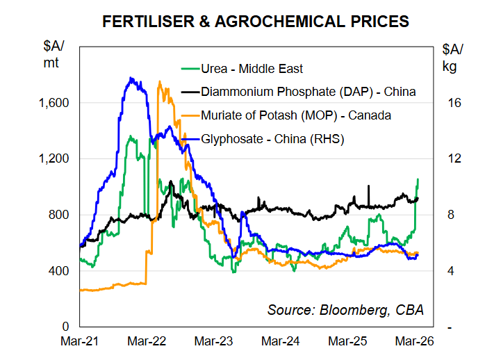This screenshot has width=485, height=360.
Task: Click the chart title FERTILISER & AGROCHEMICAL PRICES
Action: pos(255,22)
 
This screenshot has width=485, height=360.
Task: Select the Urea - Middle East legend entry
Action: pos(252,68)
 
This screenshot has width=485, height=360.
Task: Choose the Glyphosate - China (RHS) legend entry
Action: pos(272,138)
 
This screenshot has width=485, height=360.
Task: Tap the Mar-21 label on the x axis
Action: pos(81,342)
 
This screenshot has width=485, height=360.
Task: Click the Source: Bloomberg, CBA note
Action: pos(345,309)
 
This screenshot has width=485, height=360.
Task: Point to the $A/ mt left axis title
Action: pos(53,54)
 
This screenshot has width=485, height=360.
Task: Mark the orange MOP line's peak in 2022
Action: pos(160,82)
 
